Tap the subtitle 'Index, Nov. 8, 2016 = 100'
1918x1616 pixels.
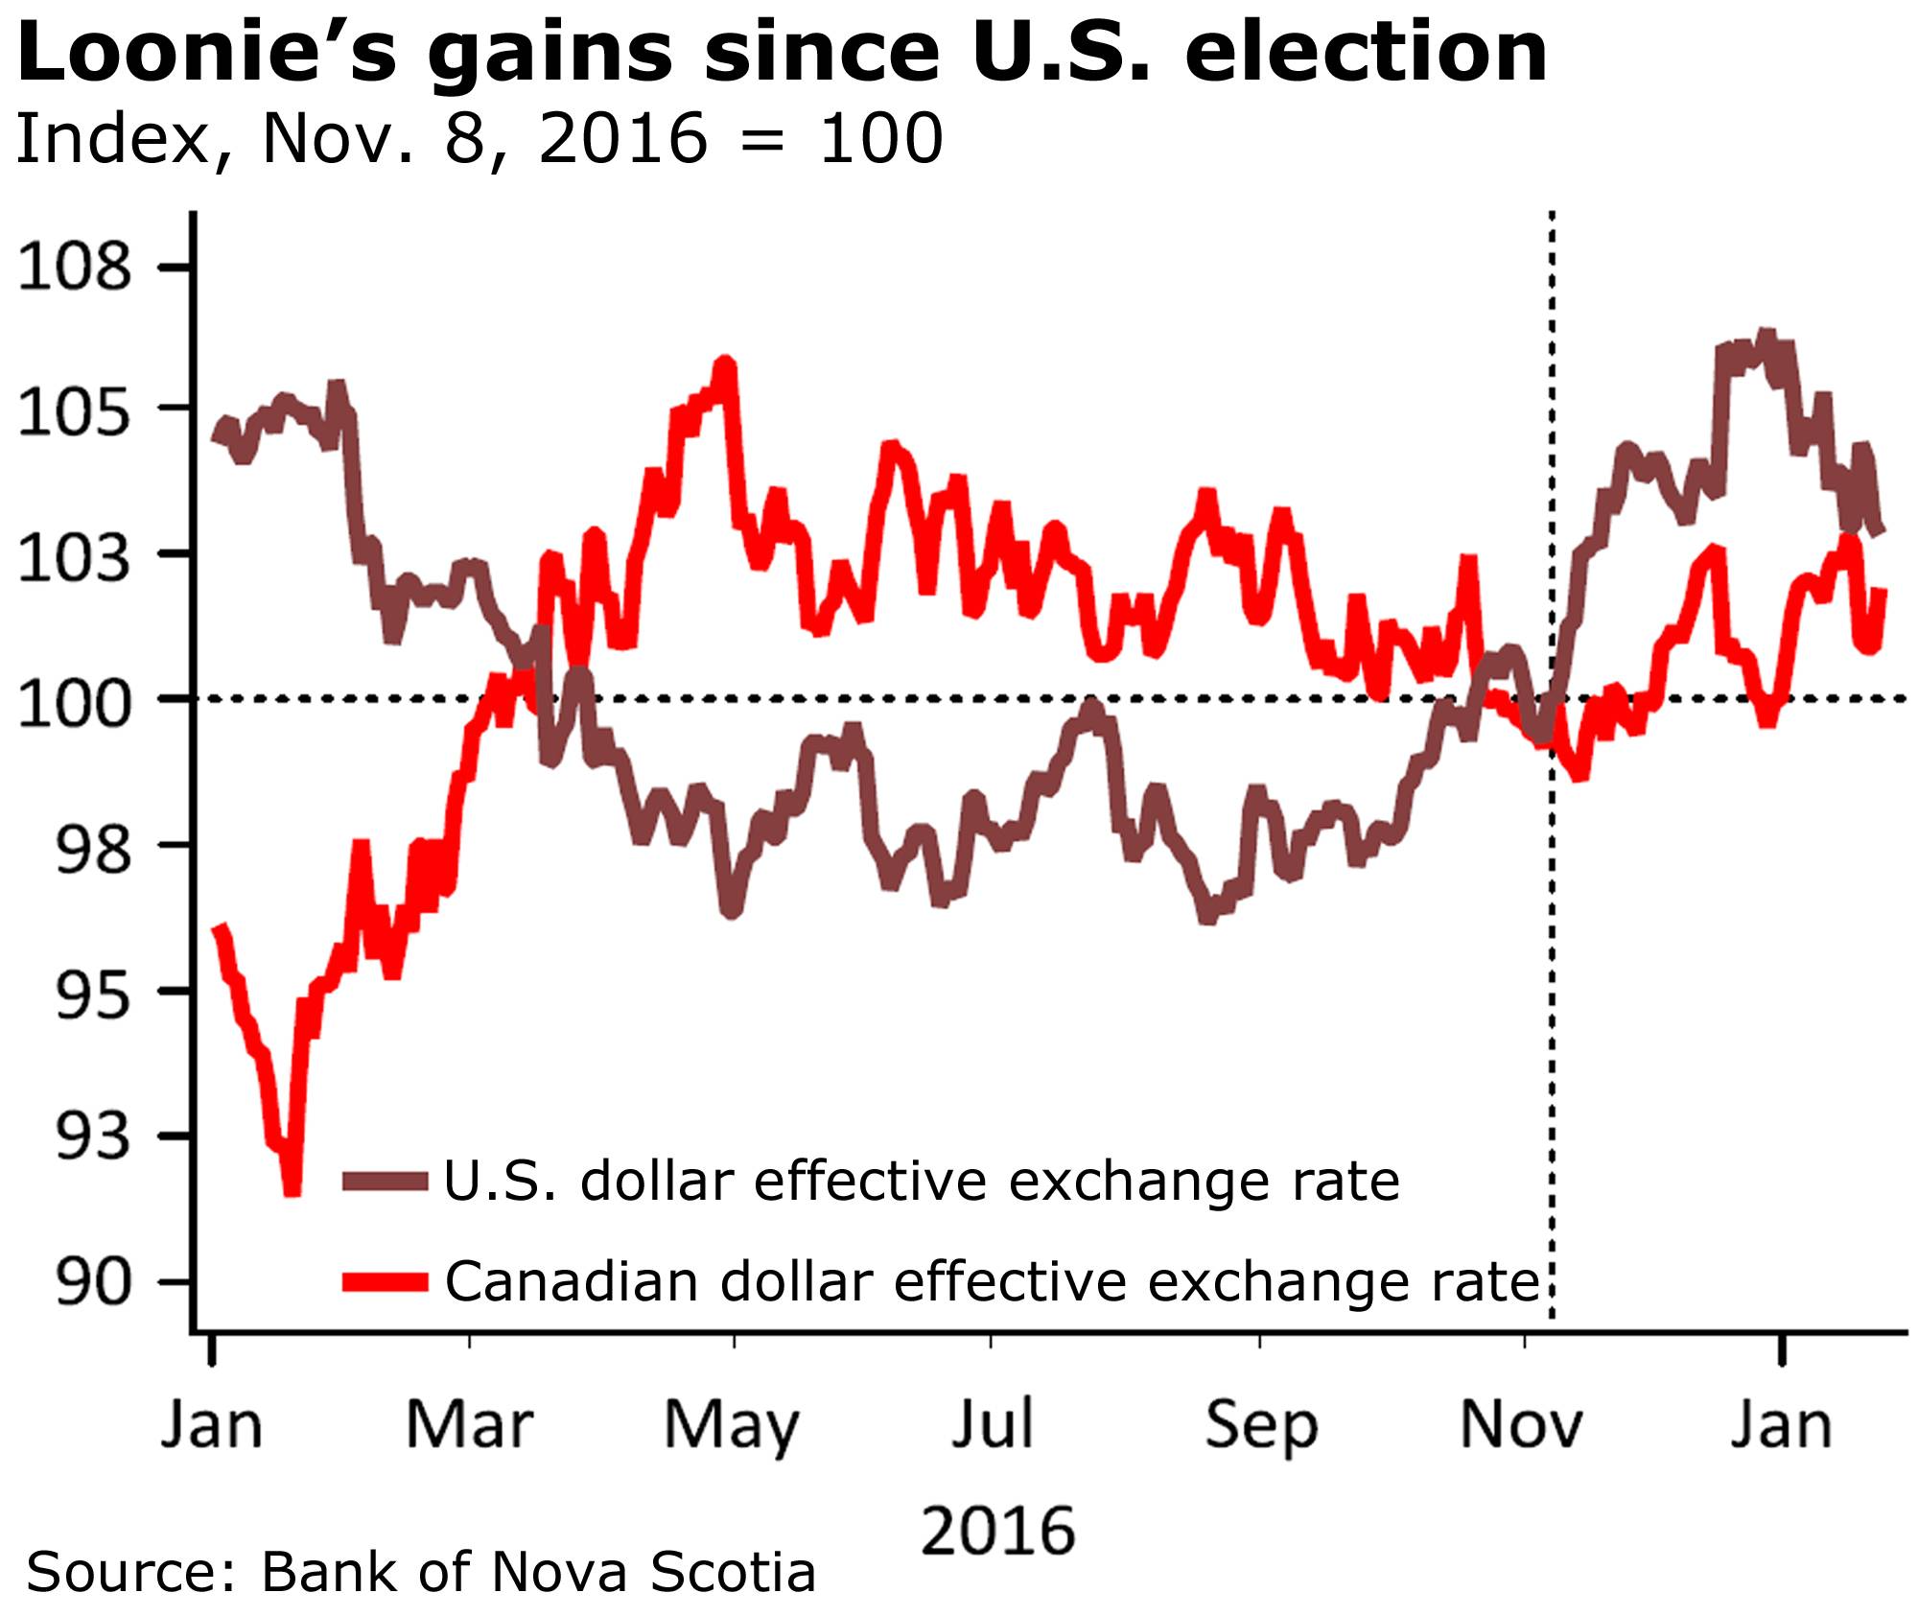coord(479,139)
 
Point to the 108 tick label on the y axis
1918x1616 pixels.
coord(74,268)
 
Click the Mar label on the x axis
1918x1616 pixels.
coord(469,1426)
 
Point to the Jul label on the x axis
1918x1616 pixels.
coord(993,1426)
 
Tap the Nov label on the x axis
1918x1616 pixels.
coord(1522,1426)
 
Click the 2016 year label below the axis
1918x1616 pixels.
coord(997,1532)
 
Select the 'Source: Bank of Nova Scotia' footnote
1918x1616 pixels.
coord(422,1574)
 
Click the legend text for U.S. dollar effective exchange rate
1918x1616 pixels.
coord(921,1182)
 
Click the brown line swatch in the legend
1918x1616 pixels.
coord(385,1183)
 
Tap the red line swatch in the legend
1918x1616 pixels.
coord(385,1282)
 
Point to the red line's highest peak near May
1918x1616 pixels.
coord(725,365)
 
